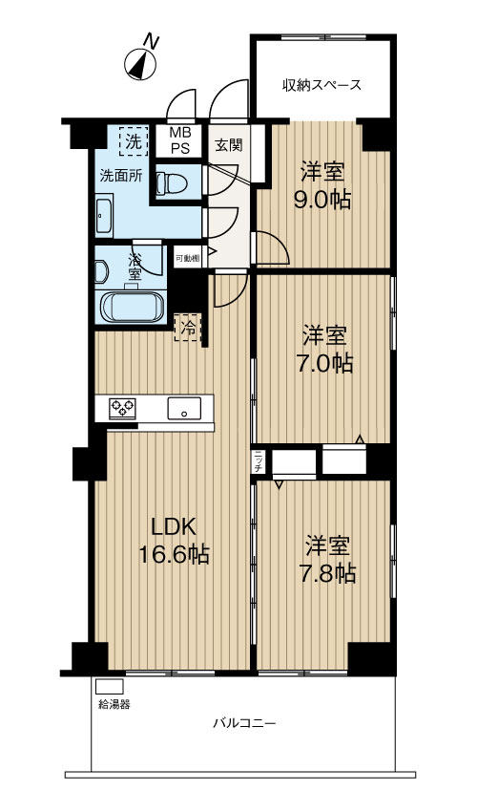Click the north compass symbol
click(x=142, y=63)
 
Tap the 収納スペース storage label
click(x=321, y=85)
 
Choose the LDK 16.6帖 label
click(x=176, y=541)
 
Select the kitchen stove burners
click(x=122, y=408)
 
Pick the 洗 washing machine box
click(x=135, y=142)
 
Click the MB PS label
click(x=180, y=141)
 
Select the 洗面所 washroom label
click(x=121, y=176)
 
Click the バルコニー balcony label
click(x=244, y=724)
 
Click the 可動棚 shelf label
click(x=186, y=258)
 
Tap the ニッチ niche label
click(x=259, y=461)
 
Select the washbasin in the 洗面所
click(x=104, y=215)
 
